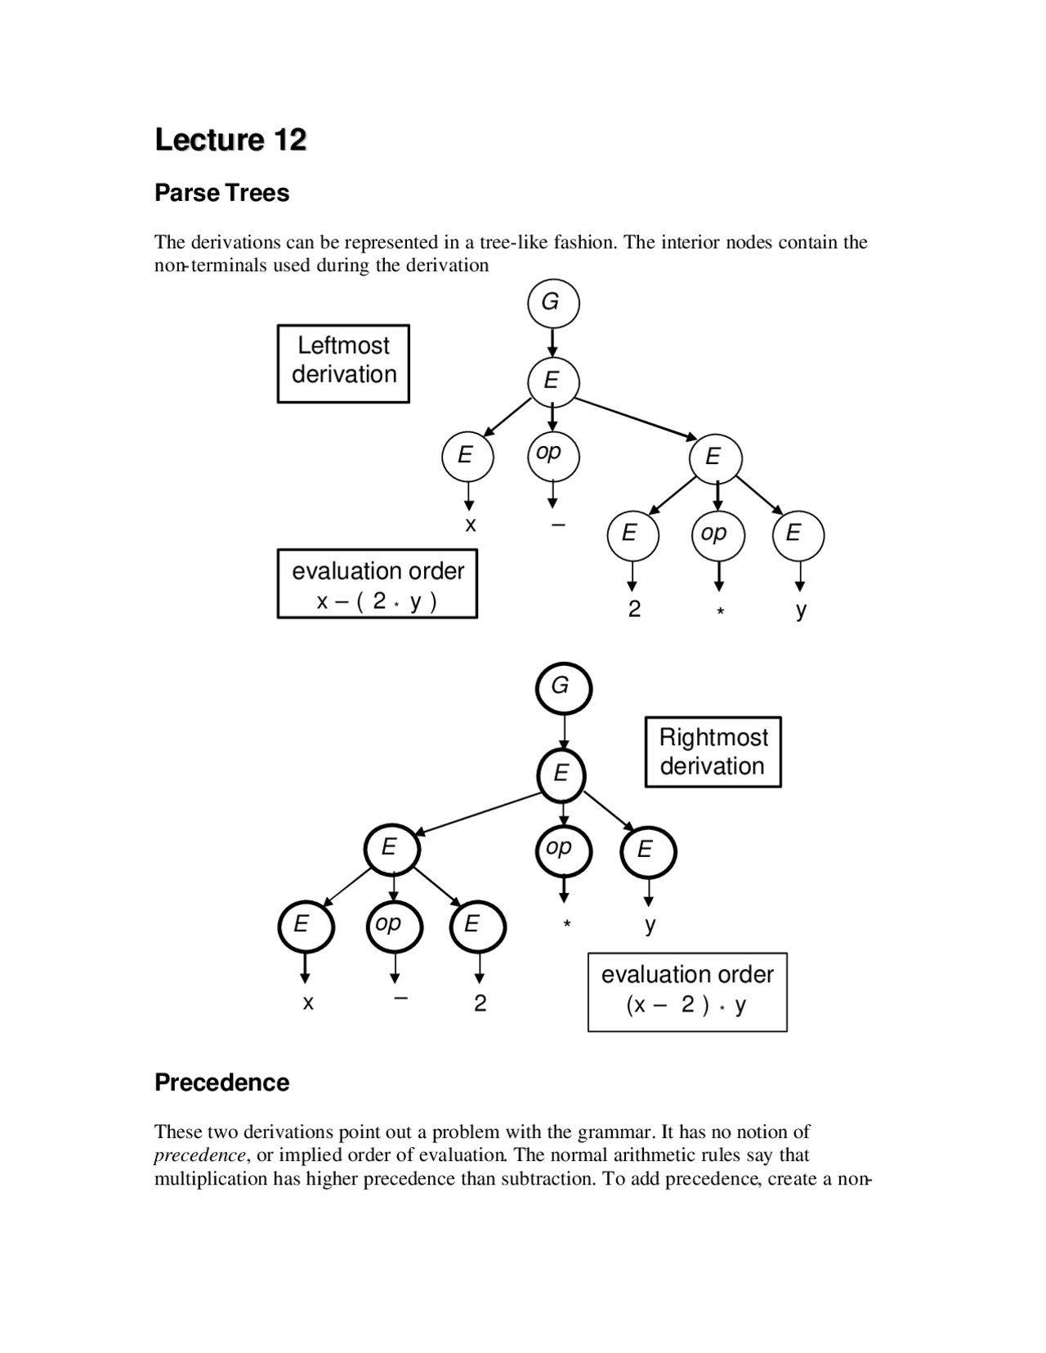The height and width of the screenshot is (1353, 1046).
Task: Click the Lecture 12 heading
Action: (230, 140)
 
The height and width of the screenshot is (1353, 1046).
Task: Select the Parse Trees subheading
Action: (221, 193)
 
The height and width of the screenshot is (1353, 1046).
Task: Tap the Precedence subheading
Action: (221, 1083)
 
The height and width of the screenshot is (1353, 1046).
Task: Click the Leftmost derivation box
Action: (343, 363)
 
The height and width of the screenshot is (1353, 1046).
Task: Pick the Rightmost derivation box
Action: (713, 752)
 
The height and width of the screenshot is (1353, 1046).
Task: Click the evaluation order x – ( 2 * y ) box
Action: (378, 584)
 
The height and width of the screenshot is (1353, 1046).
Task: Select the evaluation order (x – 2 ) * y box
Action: (687, 991)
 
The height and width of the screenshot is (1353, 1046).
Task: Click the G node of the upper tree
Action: (552, 302)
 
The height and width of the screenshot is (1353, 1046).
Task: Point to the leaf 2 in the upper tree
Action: (634, 609)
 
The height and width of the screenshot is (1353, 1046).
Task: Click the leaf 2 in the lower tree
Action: (480, 1002)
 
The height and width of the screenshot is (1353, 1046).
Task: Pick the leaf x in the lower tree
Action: (307, 1002)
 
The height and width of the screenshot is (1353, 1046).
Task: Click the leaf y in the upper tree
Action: (801, 610)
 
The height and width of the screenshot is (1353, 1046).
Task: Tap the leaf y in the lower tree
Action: (650, 924)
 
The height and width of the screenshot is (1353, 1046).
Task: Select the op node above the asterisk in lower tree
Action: (562, 850)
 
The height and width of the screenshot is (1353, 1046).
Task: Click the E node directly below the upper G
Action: (552, 381)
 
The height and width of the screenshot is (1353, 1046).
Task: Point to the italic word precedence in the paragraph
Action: (199, 1154)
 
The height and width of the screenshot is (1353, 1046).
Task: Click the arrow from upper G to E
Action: (552, 342)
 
